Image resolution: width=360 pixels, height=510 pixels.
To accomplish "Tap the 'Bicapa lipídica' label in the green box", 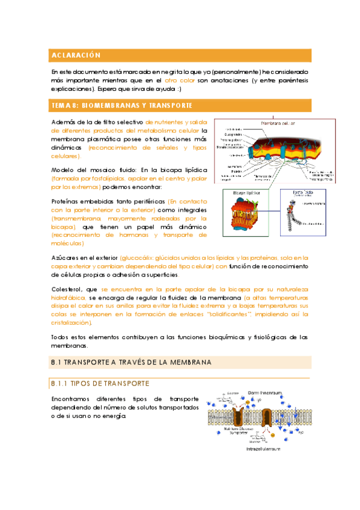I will click(246, 194).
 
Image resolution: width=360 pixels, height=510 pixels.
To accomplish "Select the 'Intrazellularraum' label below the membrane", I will click(264, 447).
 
